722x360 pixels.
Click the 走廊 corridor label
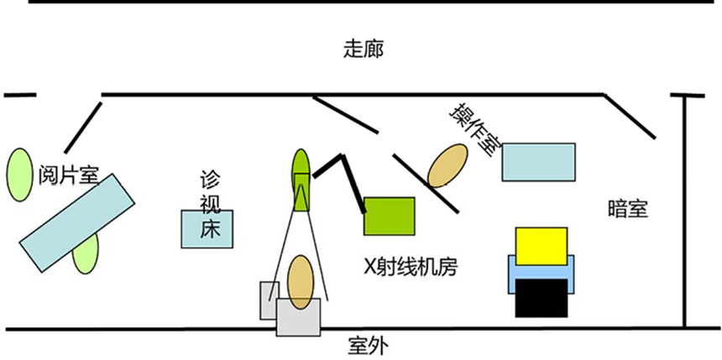[x=363, y=49]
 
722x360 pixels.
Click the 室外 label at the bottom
[x=367, y=345]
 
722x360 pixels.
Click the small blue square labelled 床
[x=207, y=228]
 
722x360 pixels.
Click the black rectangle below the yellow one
[x=541, y=298]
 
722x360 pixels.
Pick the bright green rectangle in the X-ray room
[x=389, y=216]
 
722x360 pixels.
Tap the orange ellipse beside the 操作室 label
[x=447, y=165]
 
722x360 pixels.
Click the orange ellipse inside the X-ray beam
[x=301, y=279]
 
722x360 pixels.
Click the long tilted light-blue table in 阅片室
[x=76, y=220]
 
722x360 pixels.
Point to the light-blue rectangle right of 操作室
[x=538, y=162]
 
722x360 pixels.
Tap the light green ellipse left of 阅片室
[x=18, y=174]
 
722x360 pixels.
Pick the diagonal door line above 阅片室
[x=82, y=123]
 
